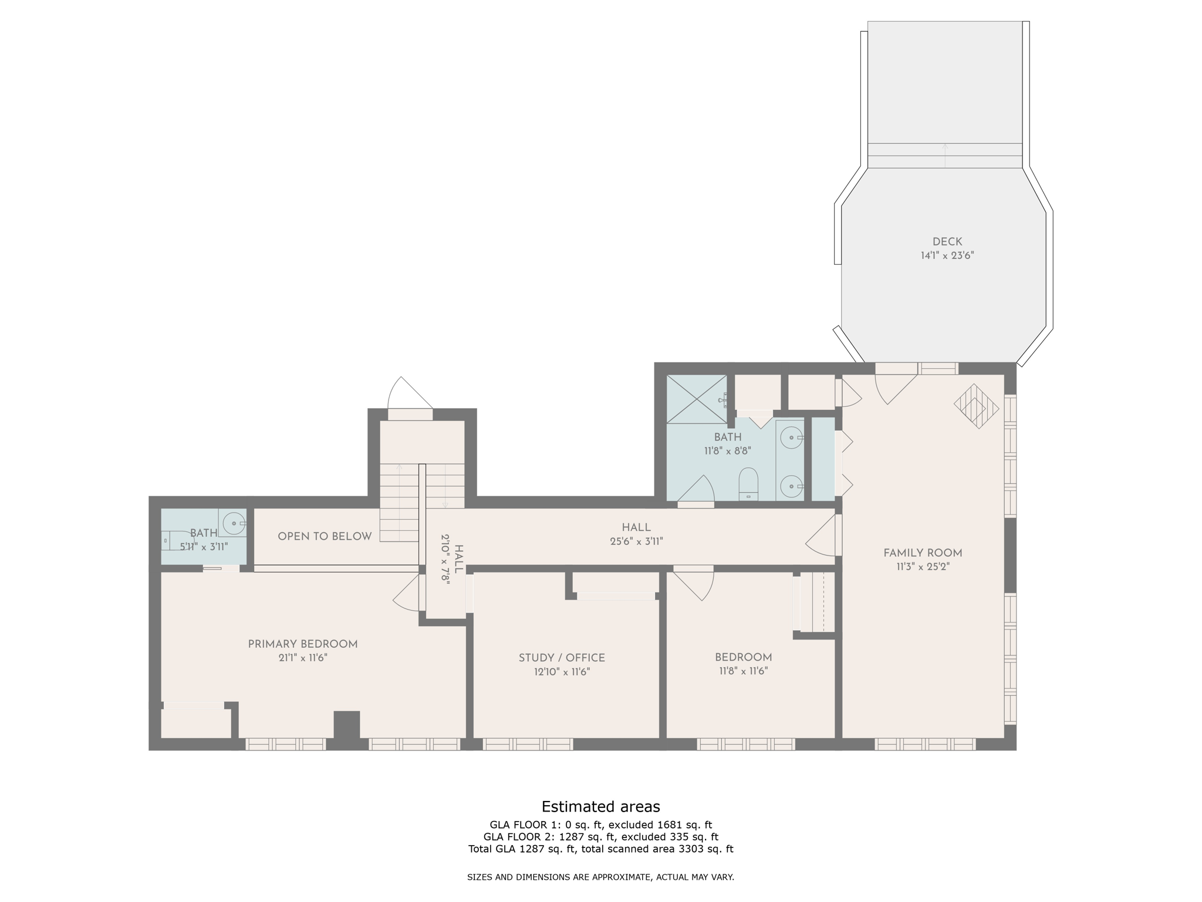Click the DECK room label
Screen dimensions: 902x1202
click(x=947, y=241)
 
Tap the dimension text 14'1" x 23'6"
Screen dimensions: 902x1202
click(x=947, y=255)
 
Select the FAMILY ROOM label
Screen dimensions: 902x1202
click(x=922, y=553)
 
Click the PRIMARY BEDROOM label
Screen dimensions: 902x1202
click(x=302, y=644)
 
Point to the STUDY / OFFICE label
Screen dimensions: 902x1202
click(x=561, y=658)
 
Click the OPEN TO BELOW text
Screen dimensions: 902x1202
click(x=324, y=536)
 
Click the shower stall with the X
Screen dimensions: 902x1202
click(x=696, y=399)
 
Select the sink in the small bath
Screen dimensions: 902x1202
click(x=234, y=523)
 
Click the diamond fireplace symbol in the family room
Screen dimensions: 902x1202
click(x=975, y=406)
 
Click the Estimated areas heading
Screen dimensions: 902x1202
click(x=600, y=806)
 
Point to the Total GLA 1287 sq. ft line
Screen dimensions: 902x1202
click(x=600, y=849)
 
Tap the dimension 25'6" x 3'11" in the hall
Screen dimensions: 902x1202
click(x=636, y=541)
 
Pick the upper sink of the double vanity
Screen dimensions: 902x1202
click(x=792, y=438)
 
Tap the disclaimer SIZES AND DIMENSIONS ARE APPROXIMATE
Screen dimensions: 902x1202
click(x=600, y=877)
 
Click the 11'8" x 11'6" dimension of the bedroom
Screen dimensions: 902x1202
click(x=743, y=671)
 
